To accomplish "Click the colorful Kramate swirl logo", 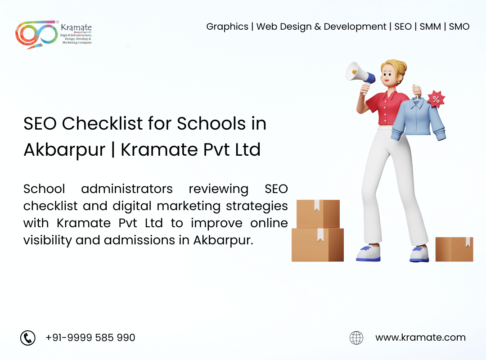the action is pos(36,34).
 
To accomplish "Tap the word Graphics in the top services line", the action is pos(227,27).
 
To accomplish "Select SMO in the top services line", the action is pos(459,27).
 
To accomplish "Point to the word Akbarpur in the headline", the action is pos(64,150).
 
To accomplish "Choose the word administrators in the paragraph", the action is pos(127,189).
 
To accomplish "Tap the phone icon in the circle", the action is pos(28,337).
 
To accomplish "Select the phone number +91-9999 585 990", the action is pos(90,337).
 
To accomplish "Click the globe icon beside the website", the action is pos(356,337).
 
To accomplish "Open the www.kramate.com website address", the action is pos(420,337).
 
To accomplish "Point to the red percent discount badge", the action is pos(436,99).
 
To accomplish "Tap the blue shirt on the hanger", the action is pos(418,118).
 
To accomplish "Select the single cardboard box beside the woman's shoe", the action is pos(454,249).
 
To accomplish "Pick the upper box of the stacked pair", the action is pos(318,214).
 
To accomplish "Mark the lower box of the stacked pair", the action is pos(318,245).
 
